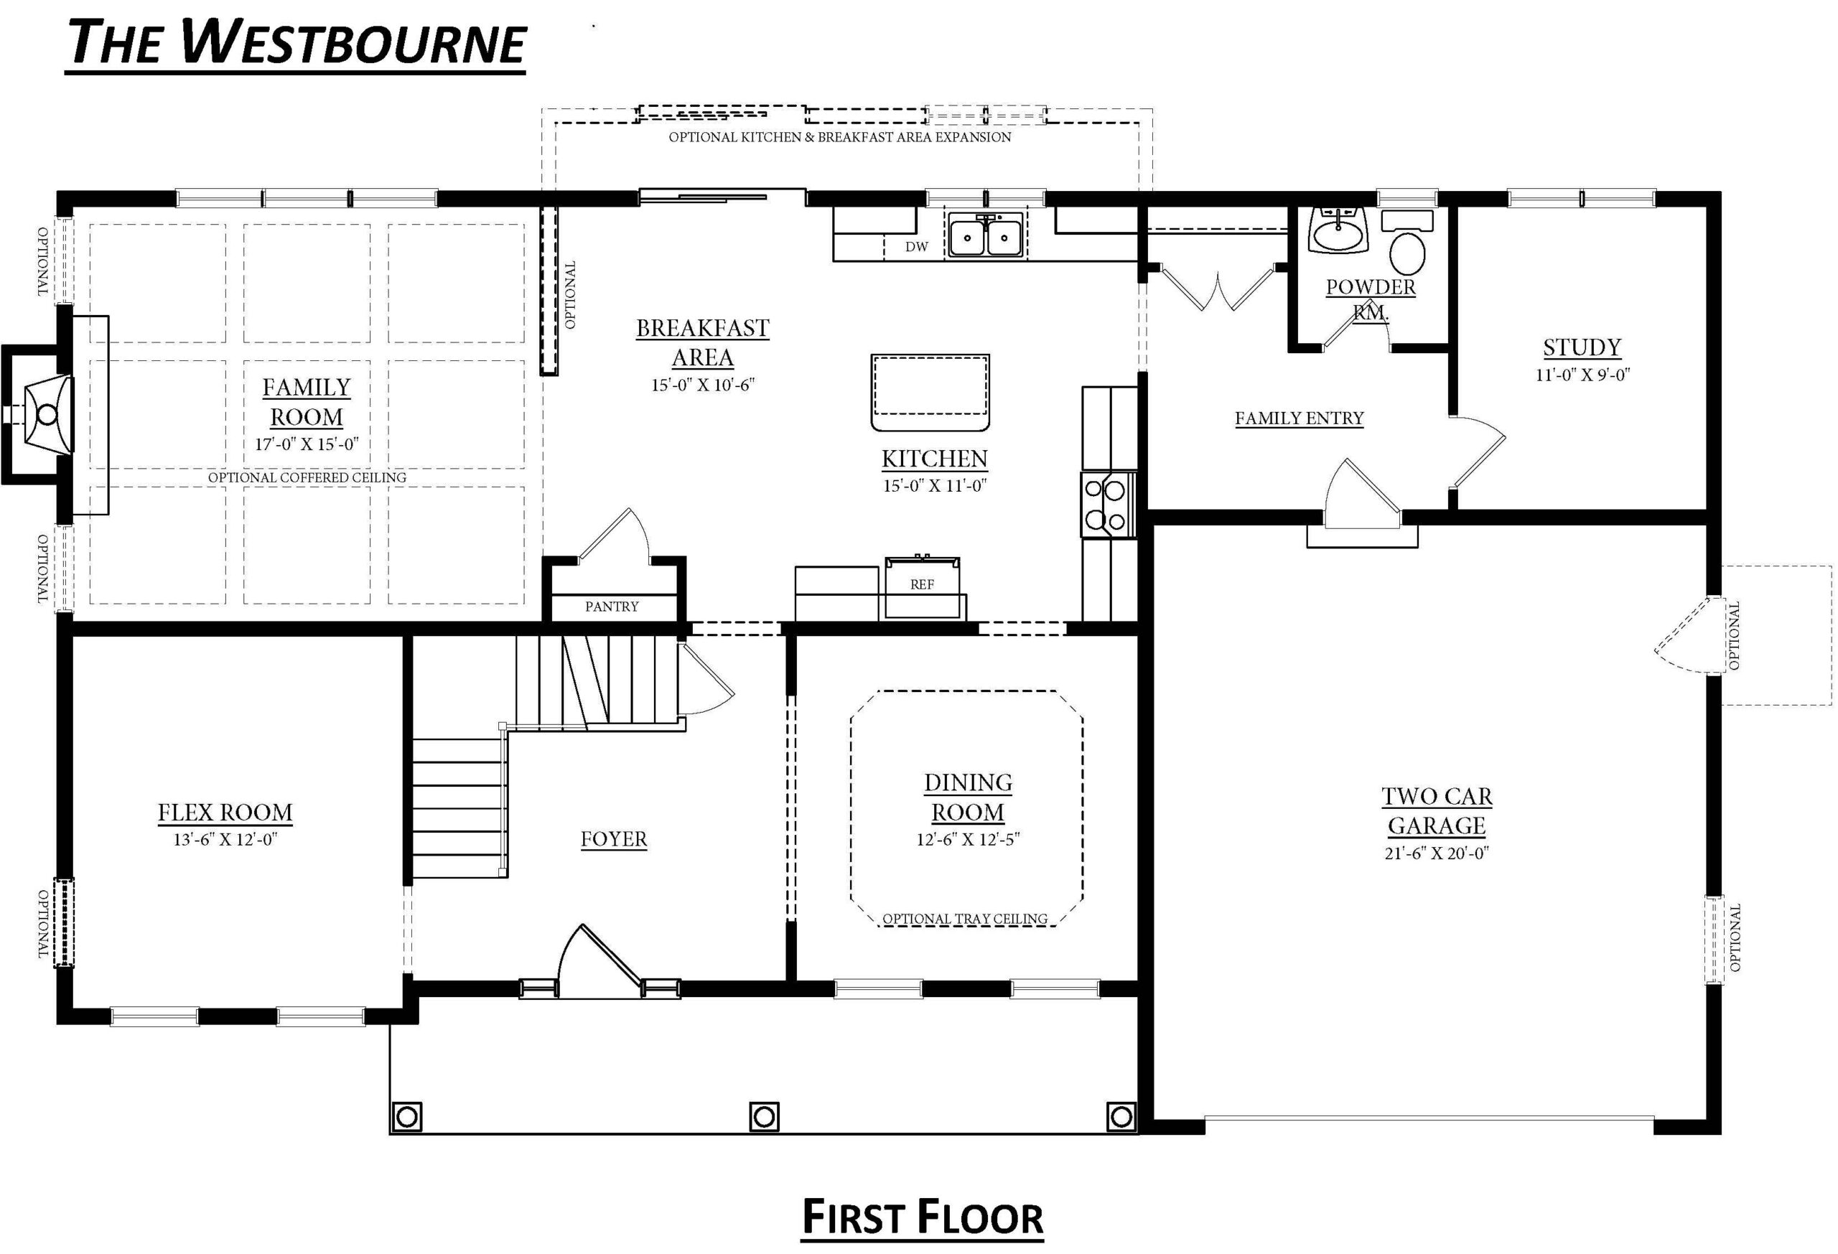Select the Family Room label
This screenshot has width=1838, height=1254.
point(307,402)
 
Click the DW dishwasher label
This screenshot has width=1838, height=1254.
point(917,247)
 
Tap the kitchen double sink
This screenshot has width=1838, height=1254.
point(986,235)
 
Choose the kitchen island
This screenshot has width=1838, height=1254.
point(930,393)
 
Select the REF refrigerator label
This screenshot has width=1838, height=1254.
point(922,584)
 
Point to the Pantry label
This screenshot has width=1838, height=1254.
point(611,607)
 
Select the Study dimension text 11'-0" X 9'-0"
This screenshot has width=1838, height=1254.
point(1582,375)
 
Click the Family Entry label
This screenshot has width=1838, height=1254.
point(1300,418)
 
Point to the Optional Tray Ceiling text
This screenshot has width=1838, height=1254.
point(965,919)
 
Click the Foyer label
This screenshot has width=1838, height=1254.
point(614,839)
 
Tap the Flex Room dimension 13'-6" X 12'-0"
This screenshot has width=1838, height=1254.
point(225,840)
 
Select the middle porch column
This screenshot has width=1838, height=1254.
point(764,1117)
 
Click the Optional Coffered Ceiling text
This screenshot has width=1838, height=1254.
point(307,477)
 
